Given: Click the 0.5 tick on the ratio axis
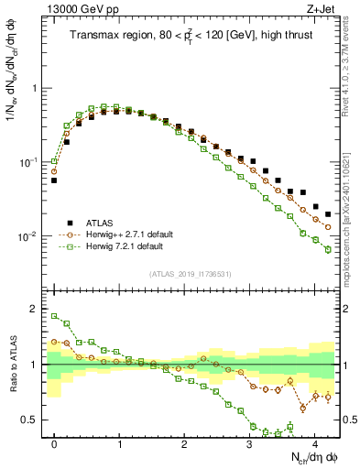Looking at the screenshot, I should coord(33,420).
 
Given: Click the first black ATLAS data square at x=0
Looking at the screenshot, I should coord(54,180).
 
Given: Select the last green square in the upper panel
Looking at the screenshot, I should coord(328,249).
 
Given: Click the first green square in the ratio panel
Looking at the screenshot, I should coord(54,316).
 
